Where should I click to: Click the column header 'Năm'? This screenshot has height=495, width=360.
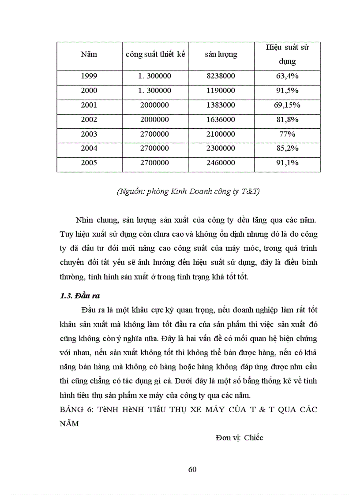click(89, 55)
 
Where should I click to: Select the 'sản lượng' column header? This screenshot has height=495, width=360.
click(221, 55)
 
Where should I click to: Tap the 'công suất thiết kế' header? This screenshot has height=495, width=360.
click(155, 55)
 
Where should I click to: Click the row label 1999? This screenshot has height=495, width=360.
click(89, 76)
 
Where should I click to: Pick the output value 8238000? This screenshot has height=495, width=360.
click(221, 76)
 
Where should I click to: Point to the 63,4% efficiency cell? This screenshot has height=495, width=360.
click(287, 76)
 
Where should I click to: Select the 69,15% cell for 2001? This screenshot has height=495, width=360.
click(287, 105)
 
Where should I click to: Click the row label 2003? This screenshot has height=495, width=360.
click(89, 134)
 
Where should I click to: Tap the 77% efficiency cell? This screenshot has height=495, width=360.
click(287, 134)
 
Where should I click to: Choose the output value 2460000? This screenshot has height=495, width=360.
click(221, 163)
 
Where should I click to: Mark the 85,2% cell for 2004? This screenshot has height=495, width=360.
click(287, 149)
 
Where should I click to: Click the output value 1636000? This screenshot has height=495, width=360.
click(221, 119)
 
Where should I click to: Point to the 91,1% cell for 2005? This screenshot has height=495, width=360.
click(287, 163)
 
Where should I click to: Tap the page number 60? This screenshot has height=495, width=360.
click(192, 469)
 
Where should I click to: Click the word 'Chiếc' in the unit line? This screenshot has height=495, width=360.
click(253, 438)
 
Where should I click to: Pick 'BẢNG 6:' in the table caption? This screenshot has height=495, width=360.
click(75, 409)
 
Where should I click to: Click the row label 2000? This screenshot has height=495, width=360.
click(89, 90)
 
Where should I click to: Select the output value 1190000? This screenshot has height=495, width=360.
click(221, 90)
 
